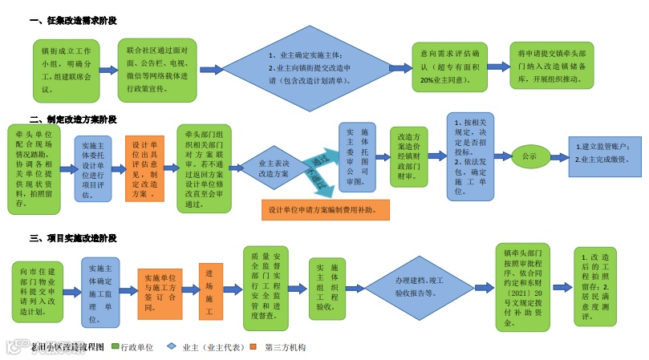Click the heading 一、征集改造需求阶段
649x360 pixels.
79,19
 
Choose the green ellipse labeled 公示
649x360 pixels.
529,156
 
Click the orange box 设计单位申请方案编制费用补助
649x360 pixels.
325,210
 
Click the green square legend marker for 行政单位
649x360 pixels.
115,347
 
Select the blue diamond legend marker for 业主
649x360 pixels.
172,347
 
